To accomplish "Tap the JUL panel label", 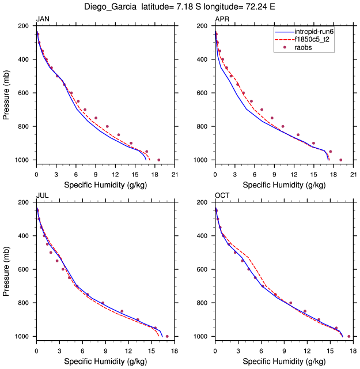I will (x=42, y=196).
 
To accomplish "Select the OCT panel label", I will (x=222, y=196).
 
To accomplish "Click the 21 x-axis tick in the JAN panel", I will (x=174, y=174).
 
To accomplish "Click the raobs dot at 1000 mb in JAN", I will (x=159, y=160).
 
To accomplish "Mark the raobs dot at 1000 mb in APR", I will (x=340, y=160).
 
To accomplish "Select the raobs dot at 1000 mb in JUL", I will (x=167, y=336).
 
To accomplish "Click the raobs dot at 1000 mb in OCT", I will (x=348, y=336).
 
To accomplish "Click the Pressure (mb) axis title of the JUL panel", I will (x=6, y=269).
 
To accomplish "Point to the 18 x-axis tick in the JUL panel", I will (x=174, y=351).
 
